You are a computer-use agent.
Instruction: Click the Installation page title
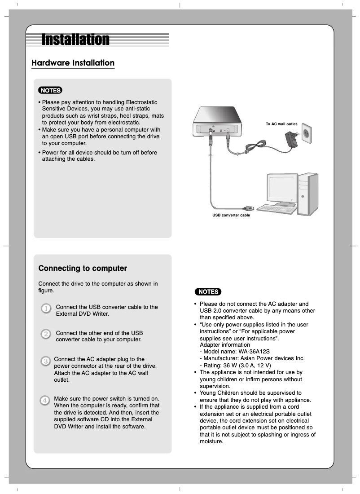75,40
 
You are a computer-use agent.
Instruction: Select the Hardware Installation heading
73,63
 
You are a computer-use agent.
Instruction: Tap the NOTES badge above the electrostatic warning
50,90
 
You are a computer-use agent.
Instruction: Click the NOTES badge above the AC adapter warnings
207,291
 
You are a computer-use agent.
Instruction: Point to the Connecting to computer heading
83,269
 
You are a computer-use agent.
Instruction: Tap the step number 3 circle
45,361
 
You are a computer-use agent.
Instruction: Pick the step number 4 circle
45,400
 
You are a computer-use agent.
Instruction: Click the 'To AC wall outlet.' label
282,123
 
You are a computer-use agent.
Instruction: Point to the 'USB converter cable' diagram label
231,216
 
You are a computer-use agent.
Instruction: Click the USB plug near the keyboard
247,208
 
